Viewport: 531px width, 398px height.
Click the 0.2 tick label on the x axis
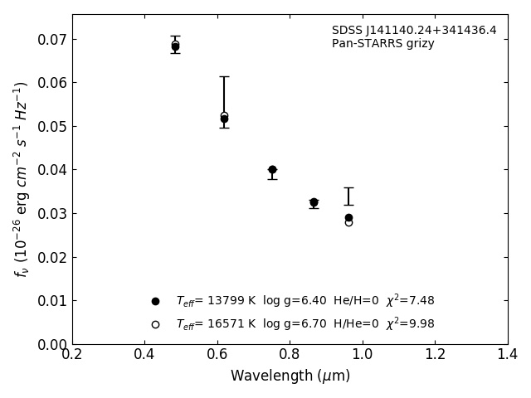pos(72,355)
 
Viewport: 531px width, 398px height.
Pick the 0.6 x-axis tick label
pos(217,355)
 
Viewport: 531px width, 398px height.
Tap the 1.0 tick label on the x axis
pos(363,355)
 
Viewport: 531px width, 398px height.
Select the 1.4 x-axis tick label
pos(508,355)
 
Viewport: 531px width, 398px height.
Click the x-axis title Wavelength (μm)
pos(290,376)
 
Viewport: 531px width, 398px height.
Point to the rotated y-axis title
pos(22,179)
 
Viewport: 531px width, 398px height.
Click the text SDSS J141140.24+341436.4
pos(414,31)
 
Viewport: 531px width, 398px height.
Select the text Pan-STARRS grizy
pos(383,44)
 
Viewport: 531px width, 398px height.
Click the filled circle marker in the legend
pos(155,301)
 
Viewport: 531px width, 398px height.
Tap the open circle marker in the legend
pos(155,324)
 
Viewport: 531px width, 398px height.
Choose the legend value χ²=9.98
pos(410,324)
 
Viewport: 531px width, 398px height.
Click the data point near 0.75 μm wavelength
pos(272,170)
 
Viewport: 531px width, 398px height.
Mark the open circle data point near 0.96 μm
pos(348,222)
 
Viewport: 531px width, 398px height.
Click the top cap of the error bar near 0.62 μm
pos(224,77)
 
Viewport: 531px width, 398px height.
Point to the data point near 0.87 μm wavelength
pos(314,202)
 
